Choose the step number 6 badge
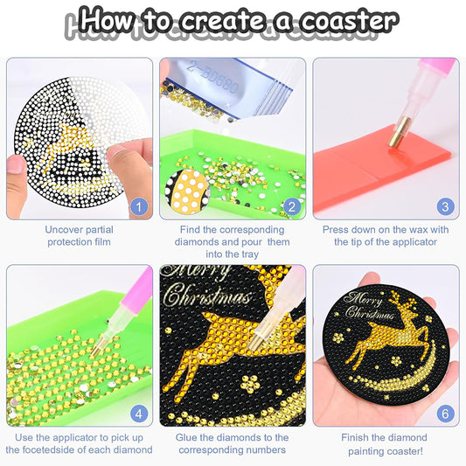(444, 413)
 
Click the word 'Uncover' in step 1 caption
(66, 230)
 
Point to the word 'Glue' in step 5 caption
(190, 437)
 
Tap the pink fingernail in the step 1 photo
(16, 163)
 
